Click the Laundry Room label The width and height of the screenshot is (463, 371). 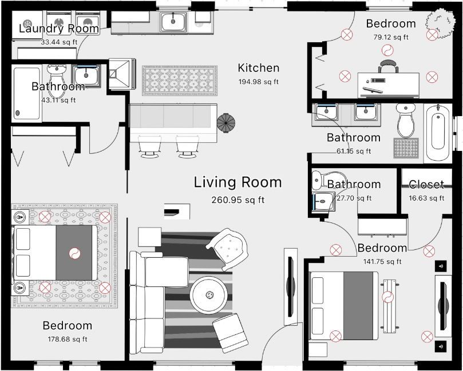tap(59, 29)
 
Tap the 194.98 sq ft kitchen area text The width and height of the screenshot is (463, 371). tap(258, 82)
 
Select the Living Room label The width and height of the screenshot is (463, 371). tap(238, 182)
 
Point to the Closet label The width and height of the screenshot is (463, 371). tap(426, 184)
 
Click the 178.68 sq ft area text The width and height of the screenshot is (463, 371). tap(67, 339)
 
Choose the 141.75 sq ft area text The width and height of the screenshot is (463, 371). tap(382, 261)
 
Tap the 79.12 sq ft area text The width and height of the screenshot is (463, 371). tap(390, 37)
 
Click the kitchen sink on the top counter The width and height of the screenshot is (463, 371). tap(173, 22)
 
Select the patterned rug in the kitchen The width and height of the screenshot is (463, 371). tap(180, 80)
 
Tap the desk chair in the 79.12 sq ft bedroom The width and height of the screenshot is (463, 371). tap(387, 66)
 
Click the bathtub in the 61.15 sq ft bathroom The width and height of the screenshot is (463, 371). tap(438, 133)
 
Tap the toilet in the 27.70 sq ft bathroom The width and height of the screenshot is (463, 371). tap(319, 181)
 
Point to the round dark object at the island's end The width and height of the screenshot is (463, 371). tap(226, 121)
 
